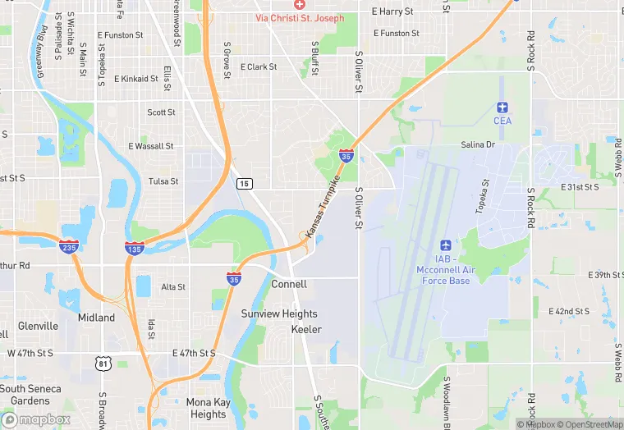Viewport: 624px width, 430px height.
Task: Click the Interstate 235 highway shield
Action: [69, 245]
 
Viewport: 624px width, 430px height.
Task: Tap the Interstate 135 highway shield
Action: [135, 247]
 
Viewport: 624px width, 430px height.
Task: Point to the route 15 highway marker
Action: [244, 183]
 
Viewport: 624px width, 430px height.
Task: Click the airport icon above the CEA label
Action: [502, 107]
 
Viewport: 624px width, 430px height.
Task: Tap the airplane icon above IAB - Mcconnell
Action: [446, 245]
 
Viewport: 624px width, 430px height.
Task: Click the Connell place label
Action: [289, 284]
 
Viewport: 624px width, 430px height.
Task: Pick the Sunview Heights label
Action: [279, 314]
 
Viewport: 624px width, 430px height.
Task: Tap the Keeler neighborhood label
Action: [306, 330]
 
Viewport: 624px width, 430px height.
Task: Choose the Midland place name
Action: [96, 318]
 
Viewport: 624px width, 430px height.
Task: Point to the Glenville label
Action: [38, 326]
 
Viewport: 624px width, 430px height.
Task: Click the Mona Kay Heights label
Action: [208, 409]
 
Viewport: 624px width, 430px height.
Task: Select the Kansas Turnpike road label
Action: [323, 211]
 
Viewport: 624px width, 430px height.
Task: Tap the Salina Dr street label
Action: [478, 144]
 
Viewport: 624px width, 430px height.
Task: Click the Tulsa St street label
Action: [163, 181]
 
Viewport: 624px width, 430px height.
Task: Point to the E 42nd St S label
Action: [570, 312]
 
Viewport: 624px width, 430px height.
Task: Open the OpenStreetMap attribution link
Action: [590, 424]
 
